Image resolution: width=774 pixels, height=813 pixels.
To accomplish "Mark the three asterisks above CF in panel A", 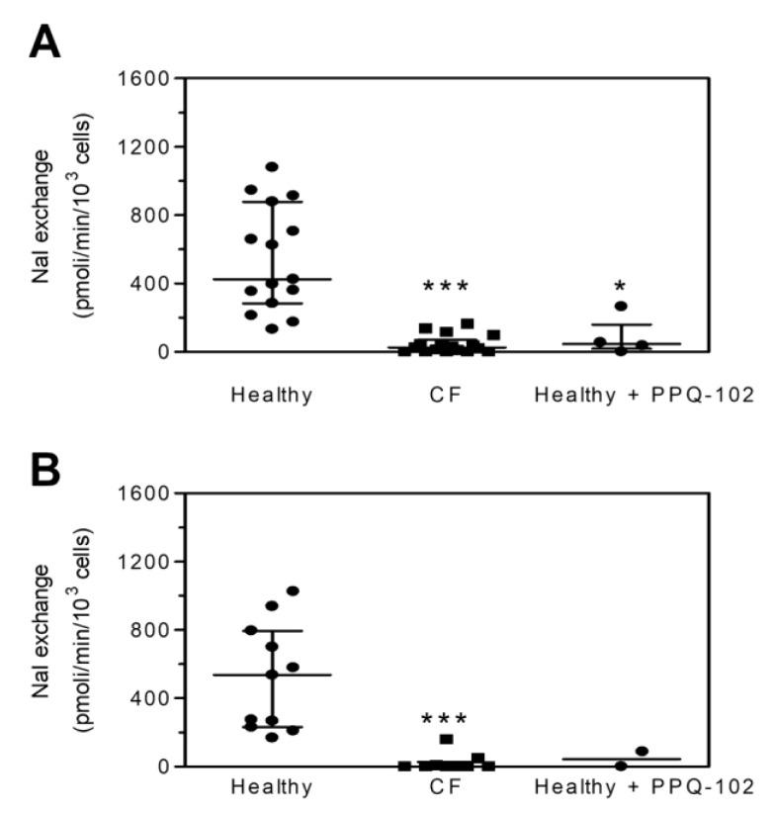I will (x=445, y=288).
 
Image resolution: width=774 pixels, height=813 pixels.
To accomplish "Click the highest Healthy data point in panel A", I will (x=272, y=167).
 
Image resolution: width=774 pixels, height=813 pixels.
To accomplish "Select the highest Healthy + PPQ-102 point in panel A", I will (x=621, y=307).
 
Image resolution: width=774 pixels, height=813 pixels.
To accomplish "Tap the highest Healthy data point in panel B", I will (x=293, y=591).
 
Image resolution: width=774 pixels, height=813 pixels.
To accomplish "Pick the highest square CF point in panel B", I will (x=447, y=739).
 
